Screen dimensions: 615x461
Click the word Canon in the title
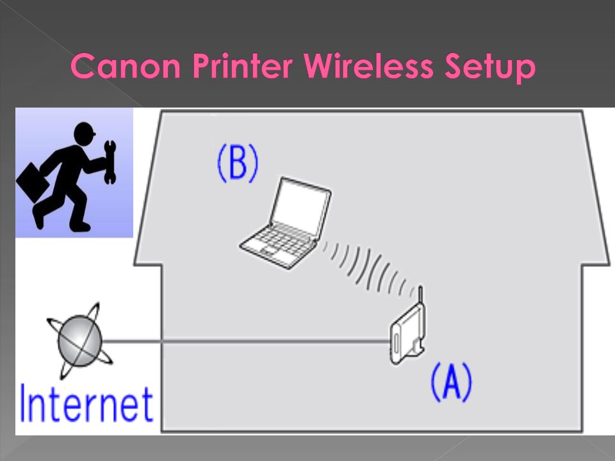[126, 65]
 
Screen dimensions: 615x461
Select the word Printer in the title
[243, 65]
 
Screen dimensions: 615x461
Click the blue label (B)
[238, 163]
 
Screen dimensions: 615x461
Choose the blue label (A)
[452, 382]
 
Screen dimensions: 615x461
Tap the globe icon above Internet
[80, 341]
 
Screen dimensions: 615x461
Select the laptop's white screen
[300, 207]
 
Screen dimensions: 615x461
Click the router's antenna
[420, 296]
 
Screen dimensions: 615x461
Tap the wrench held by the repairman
[110, 162]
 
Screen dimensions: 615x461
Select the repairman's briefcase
[32, 183]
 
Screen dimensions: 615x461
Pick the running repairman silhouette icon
[66, 176]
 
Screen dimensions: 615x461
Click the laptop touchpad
[270, 250]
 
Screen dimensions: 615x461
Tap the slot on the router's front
[397, 343]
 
